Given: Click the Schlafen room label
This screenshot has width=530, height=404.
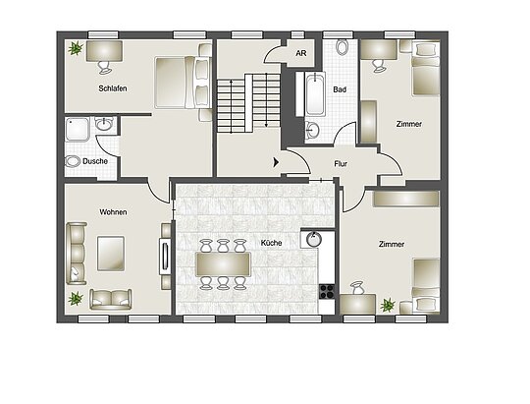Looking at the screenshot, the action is (113, 88).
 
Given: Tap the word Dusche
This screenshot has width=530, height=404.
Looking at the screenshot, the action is (95, 161).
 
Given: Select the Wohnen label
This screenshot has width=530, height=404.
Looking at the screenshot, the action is (113, 212).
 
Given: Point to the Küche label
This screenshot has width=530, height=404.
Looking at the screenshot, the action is (271, 243).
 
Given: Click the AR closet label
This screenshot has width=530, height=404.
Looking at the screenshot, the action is (301, 53).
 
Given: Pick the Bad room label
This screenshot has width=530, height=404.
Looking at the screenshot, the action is (340, 89).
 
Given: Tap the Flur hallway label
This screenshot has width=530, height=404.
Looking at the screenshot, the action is (341, 164).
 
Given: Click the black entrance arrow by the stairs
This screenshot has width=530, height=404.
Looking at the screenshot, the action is (276, 162).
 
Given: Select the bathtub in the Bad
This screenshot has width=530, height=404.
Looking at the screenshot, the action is (315, 94).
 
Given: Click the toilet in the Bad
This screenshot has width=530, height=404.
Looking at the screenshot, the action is (343, 47).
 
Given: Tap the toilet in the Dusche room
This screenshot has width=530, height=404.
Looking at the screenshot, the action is (72, 161).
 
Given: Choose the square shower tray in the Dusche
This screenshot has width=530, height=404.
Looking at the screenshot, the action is (78, 129).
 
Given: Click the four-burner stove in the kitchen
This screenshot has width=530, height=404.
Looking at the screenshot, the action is (327, 292).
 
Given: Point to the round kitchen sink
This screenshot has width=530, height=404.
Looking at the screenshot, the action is (314, 239).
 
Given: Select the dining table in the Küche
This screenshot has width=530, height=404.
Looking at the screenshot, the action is (223, 264).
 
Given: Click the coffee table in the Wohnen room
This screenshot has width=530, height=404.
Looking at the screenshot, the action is (111, 254).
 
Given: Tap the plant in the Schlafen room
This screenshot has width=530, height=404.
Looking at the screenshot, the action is (76, 48).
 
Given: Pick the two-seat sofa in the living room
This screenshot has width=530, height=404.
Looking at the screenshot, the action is (111, 299).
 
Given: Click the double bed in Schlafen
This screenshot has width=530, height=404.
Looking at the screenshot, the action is (183, 83).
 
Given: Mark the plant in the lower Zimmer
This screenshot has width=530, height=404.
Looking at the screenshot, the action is (388, 305).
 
